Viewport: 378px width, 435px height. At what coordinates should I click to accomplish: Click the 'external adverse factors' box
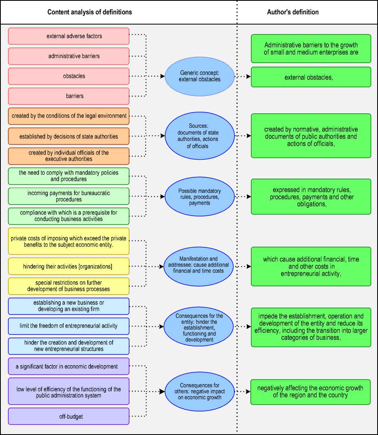click(69, 36)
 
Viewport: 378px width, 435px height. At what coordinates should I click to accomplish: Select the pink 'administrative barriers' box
click(69, 56)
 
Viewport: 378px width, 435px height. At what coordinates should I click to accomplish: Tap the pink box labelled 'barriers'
click(69, 96)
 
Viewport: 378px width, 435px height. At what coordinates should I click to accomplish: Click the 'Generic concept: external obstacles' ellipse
click(200, 76)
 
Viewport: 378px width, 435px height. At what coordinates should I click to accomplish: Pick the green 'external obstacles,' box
click(311, 77)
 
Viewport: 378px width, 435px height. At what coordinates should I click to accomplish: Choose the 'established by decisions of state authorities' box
click(69, 136)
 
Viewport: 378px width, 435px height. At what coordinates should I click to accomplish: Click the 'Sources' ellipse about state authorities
click(200, 136)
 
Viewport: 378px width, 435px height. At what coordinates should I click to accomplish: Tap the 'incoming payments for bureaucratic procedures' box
click(69, 196)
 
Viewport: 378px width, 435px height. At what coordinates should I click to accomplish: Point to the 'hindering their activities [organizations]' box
click(69, 266)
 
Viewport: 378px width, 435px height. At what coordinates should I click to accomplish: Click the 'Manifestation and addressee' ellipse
click(200, 266)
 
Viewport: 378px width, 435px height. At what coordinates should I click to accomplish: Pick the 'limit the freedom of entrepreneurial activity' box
click(69, 326)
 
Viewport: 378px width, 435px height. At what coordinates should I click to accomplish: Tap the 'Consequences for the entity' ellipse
click(200, 326)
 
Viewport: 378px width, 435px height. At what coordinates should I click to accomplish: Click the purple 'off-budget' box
click(69, 416)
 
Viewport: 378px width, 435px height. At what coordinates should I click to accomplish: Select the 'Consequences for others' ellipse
click(200, 391)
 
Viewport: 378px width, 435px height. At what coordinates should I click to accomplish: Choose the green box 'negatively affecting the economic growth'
click(310, 391)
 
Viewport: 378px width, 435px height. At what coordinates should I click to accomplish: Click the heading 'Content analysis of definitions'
click(90, 12)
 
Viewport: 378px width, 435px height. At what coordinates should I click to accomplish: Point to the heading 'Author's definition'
click(293, 12)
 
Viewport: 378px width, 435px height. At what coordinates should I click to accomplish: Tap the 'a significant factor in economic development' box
click(69, 366)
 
